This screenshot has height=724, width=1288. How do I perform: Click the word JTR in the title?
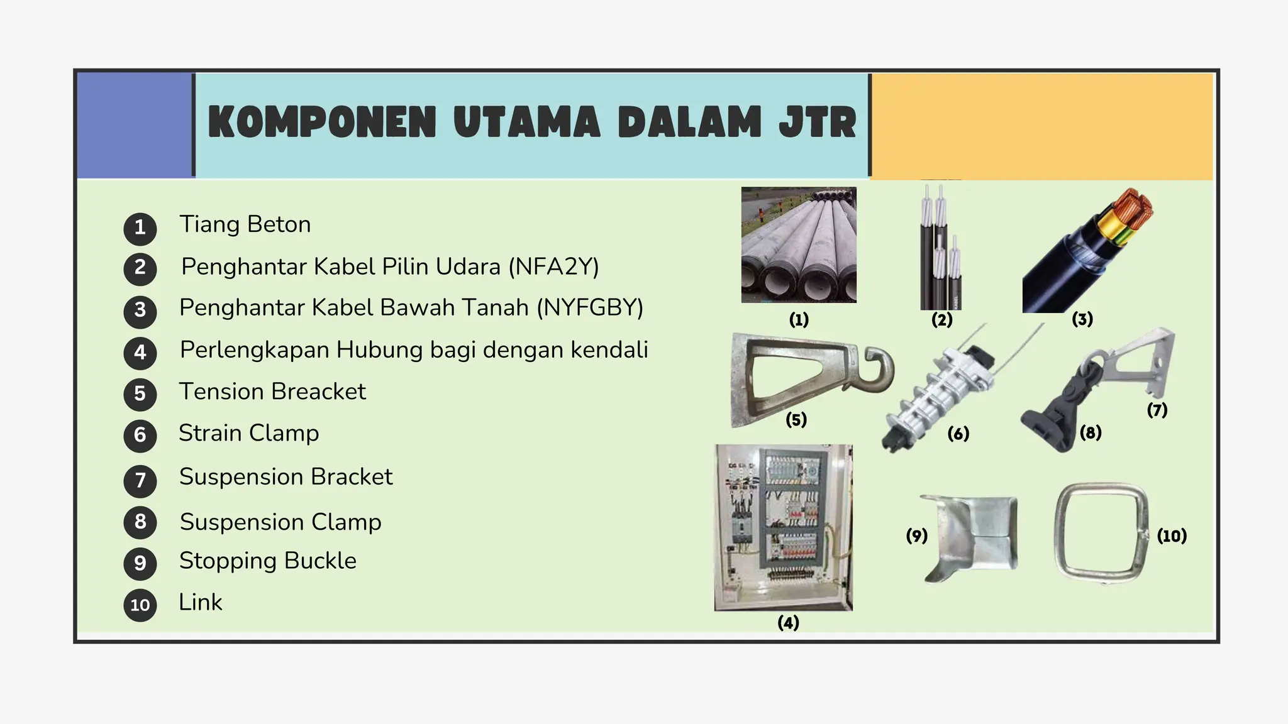pos(818,122)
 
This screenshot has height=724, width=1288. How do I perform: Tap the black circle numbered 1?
pos(140,228)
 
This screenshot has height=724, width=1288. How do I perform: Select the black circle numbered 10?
pos(140,605)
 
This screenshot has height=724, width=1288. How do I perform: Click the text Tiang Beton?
pos(245,224)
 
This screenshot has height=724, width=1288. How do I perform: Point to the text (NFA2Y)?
pos(553,266)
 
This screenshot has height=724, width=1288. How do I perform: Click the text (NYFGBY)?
pos(590,308)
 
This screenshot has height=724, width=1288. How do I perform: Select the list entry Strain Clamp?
pos(249,433)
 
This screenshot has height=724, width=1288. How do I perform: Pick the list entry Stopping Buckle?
pos(268,561)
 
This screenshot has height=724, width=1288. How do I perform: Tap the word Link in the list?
pos(201,602)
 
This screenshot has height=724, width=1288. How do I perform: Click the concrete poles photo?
pos(799,245)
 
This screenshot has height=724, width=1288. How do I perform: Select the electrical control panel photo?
pos(784,528)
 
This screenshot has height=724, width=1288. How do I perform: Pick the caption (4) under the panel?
pos(788,623)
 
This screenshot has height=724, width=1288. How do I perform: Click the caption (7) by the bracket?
pos(1157,410)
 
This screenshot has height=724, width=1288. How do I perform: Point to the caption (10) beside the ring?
pos(1172,536)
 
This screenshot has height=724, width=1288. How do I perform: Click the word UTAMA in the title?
pos(527,122)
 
